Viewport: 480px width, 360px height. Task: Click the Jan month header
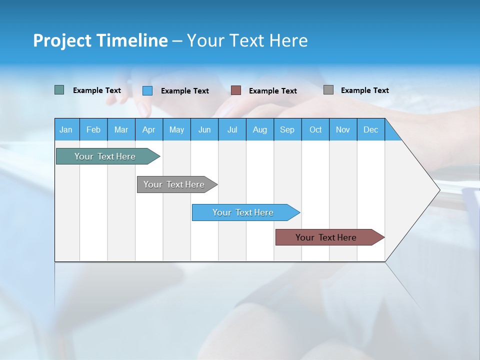66,129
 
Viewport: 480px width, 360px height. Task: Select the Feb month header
93,129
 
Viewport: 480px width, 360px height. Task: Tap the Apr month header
149,129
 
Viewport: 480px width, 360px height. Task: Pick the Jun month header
204,129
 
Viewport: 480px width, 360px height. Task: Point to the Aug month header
260,129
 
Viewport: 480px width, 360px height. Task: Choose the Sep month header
287,129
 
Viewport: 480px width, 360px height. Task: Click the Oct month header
315,129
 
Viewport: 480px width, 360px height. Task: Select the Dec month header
371,129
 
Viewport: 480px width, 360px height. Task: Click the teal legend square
59,90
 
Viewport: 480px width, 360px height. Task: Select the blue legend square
147,90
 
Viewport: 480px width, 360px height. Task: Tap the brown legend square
236,90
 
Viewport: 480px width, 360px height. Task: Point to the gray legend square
328,90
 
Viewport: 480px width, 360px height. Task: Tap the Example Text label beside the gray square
364,90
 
